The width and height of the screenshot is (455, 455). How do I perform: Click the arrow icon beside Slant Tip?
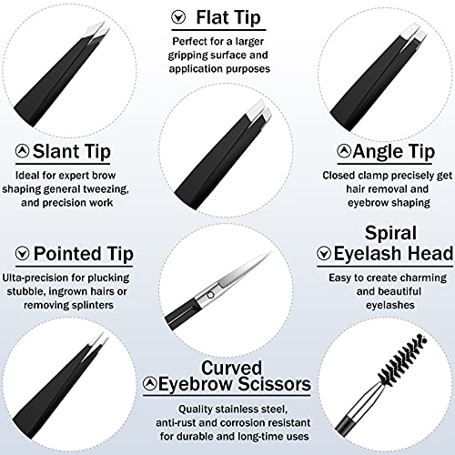click(21, 150)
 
